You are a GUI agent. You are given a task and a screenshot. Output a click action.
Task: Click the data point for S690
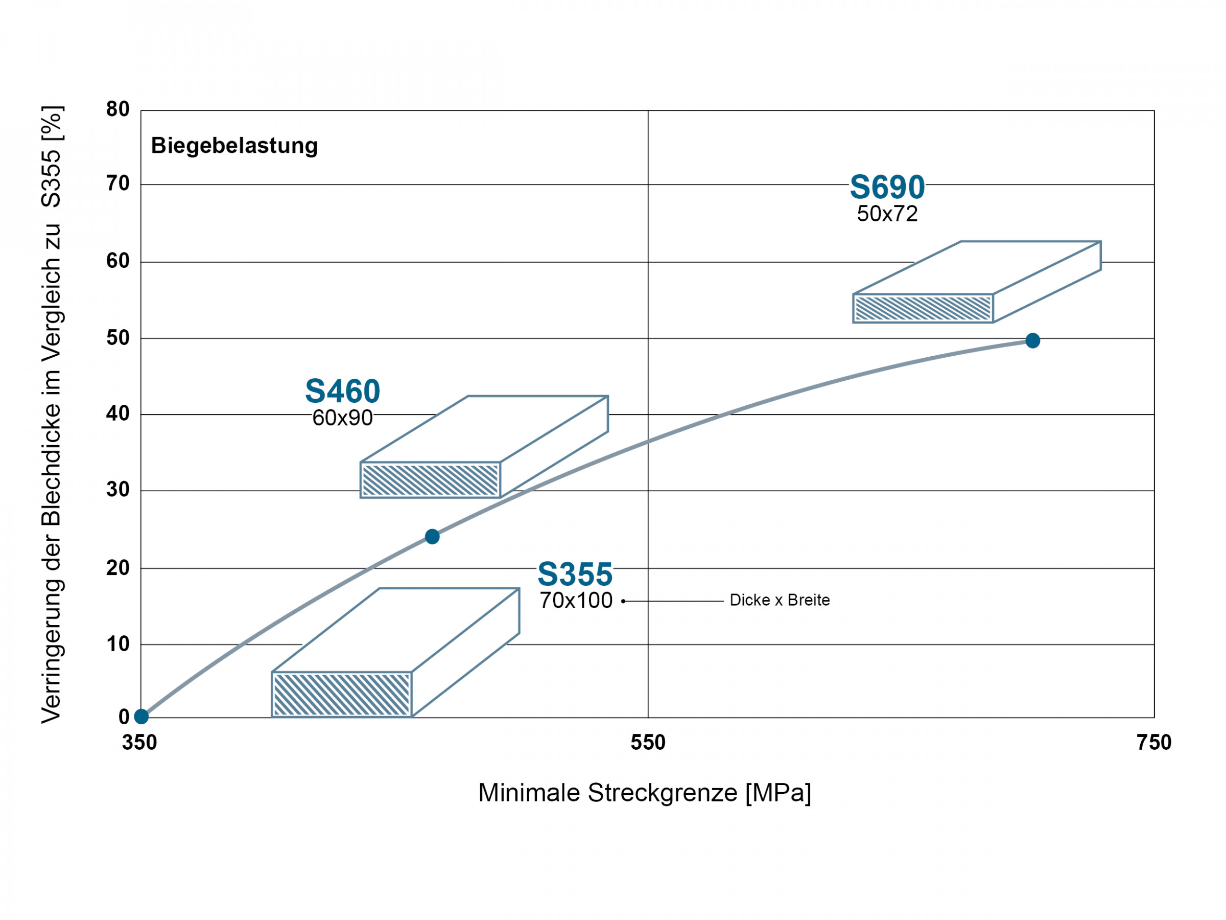[1032, 340]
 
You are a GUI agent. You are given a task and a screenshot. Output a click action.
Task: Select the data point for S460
[432, 536]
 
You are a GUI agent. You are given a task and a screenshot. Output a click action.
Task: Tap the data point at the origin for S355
[142, 717]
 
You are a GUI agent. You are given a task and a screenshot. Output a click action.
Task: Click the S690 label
[887, 187]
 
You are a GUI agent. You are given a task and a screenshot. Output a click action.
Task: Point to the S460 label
[343, 391]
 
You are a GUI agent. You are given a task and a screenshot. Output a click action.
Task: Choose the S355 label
[575, 574]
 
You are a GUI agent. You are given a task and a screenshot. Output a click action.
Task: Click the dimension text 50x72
[887, 214]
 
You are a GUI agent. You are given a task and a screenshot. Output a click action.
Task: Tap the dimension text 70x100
[576, 601]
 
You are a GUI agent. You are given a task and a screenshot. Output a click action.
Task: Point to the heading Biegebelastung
[234, 146]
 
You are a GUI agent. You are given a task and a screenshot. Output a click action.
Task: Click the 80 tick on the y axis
[117, 109]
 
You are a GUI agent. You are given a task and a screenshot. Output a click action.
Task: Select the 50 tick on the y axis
[117, 338]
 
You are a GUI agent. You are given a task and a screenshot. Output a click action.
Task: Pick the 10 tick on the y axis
[117, 644]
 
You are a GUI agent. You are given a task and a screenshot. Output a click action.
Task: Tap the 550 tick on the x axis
[647, 742]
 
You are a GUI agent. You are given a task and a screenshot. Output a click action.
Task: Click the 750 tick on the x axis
[1154, 742]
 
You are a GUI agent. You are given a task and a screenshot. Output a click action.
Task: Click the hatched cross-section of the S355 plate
[341, 694]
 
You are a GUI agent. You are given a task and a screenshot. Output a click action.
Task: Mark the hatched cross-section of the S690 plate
[923, 308]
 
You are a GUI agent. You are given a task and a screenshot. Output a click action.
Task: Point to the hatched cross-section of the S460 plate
[430, 480]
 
